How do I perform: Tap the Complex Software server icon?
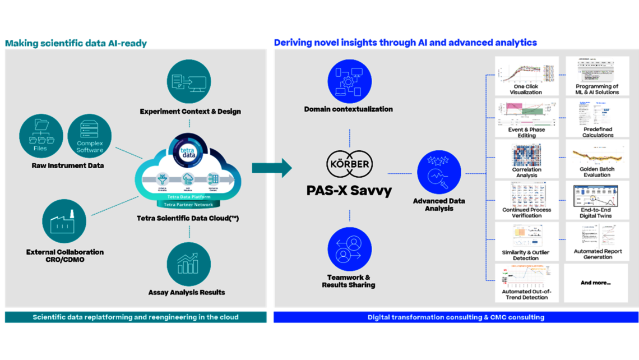tap(90, 135)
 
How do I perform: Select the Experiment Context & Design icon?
tap(189, 82)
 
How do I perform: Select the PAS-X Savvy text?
tap(349, 191)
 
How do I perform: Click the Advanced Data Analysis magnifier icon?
tap(439, 174)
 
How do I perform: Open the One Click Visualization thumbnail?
tap(526, 72)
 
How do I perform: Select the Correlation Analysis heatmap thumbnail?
tap(526, 155)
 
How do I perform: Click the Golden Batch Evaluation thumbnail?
tap(597, 155)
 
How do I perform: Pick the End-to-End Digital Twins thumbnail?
tap(597, 196)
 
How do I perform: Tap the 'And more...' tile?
tap(596, 283)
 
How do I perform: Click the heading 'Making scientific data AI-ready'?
tap(76, 43)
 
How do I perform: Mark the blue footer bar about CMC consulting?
tap(456, 317)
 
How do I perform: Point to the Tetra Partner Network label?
tap(188, 205)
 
